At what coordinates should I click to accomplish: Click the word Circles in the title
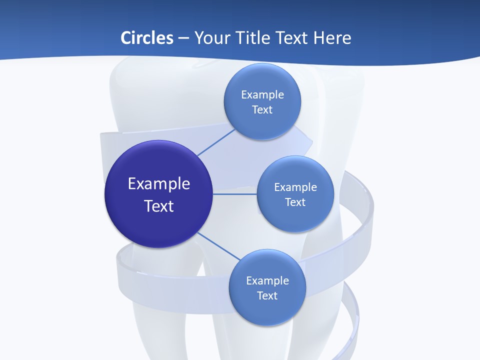pos(147,38)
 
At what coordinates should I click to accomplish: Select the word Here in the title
pos(332,38)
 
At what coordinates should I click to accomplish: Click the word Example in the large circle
pos(159,183)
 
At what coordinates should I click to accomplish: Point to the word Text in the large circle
pos(159,206)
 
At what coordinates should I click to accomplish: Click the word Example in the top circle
pos(262,94)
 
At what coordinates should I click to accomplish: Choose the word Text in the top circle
pos(262,109)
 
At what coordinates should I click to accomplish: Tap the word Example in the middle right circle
pos(295,187)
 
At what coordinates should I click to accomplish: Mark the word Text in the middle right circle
pos(295,202)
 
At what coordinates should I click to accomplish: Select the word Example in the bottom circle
pos(267,280)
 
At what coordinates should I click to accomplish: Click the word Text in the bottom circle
pos(267,295)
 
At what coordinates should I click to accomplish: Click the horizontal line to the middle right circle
pos(235,193)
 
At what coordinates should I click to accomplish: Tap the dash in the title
pos(183,38)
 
